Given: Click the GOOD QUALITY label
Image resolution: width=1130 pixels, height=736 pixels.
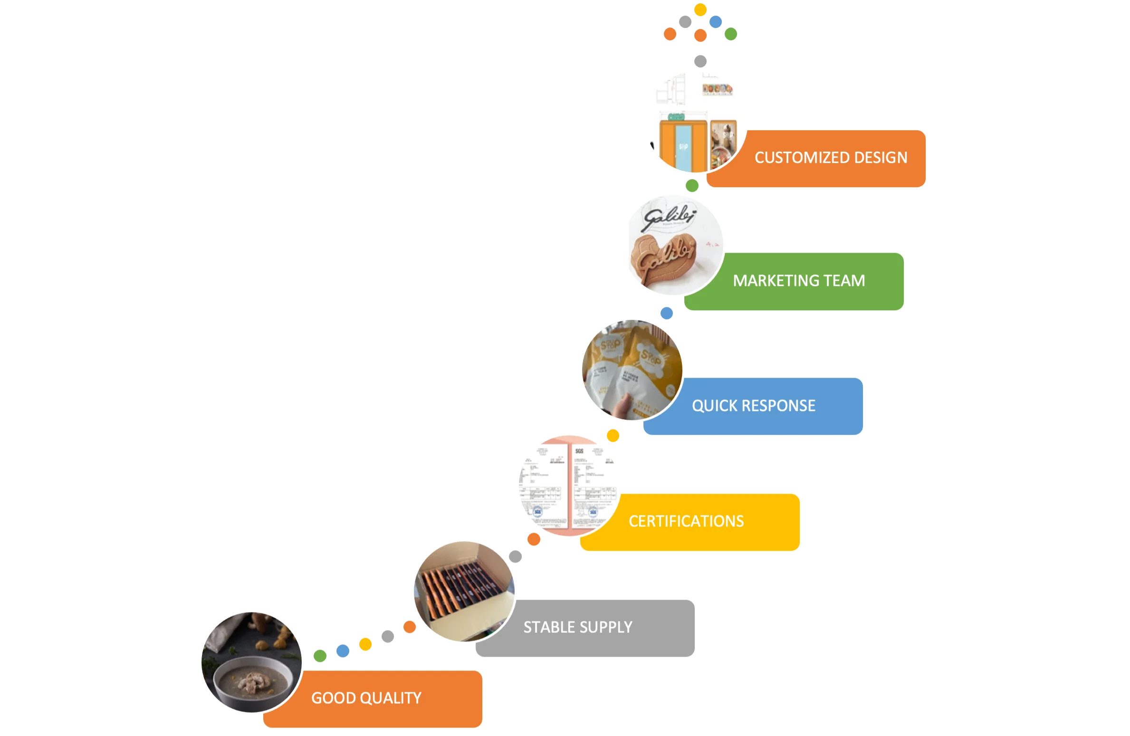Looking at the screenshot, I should tap(366, 698).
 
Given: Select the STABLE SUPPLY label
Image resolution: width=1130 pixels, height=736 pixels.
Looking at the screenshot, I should tap(578, 627).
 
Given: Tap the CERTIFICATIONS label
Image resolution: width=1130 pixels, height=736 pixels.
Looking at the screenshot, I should tap(686, 521).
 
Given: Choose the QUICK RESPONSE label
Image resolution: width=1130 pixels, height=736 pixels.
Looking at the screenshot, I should tap(754, 406).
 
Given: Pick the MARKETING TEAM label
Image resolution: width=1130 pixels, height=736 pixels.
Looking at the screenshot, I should tap(799, 281).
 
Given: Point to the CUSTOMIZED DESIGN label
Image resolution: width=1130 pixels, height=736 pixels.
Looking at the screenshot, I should tap(831, 158).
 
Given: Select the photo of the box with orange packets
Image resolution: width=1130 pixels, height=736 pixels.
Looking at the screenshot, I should tap(463, 591).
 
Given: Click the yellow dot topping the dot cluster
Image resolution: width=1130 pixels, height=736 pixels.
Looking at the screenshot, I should tap(700, 10).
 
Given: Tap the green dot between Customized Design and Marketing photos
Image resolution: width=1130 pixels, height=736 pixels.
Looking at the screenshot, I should tap(692, 185).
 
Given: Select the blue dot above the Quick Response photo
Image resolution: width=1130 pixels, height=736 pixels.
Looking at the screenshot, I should tap(667, 313).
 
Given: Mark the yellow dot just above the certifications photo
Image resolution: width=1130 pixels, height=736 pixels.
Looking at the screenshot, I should tap(613, 435).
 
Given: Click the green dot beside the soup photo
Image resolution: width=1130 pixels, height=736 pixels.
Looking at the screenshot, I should tap(320, 656).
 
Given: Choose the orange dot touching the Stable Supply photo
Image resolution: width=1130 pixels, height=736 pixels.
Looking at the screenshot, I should tap(410, 627).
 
